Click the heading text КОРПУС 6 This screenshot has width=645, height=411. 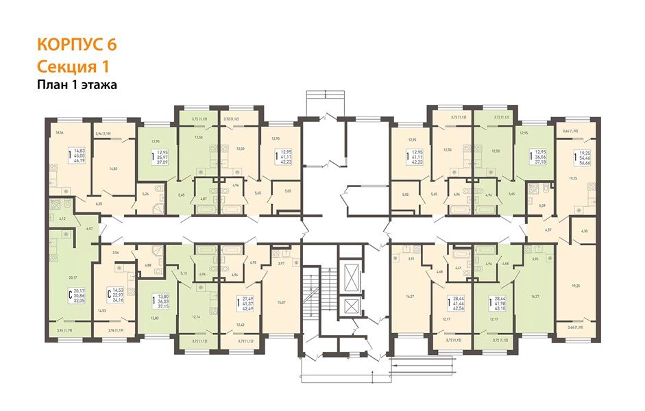coord(76,45)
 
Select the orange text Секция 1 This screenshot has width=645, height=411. coord(72,66)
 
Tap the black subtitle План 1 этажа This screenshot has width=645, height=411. coord(77,85)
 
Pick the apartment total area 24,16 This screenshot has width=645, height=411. coord(120,300)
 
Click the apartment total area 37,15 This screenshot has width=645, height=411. coord(163,306)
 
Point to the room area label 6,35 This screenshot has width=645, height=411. coord(99,203)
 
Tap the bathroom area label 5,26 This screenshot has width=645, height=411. coord(145,194)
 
